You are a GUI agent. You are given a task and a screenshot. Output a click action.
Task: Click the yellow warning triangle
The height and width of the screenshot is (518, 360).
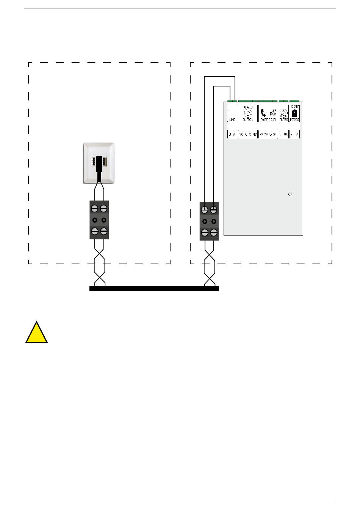click(36, 333)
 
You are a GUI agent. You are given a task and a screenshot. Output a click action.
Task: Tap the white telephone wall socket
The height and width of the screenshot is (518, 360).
click(99, 163)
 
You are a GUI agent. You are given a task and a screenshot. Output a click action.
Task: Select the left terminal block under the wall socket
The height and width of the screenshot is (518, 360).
click(99, 220)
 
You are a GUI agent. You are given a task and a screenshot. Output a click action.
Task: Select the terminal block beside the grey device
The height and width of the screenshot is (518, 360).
click(209, 221)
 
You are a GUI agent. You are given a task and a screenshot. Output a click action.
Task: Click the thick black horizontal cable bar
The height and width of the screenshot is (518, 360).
click(154, 289)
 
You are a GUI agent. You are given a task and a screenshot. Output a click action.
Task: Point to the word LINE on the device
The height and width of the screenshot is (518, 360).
click(232, 120)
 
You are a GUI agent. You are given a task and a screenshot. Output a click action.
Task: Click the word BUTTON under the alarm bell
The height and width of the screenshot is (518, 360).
click(248, 120)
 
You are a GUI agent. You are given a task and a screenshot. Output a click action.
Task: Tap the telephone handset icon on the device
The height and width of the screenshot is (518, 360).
click(263, 113)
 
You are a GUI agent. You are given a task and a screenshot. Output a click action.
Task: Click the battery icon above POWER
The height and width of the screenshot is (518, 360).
click(294, 113)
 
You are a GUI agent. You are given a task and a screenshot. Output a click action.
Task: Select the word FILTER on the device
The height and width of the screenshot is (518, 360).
click(283, 120)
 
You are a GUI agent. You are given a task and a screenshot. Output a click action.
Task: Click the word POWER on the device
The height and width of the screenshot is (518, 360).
click(294, 120)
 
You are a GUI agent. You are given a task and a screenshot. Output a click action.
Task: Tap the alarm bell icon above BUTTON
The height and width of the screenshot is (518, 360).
click(248, 113)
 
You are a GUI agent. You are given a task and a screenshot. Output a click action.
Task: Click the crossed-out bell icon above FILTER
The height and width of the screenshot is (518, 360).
click(283, 113)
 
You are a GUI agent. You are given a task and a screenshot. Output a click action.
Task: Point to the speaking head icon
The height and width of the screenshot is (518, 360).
click(273, 113)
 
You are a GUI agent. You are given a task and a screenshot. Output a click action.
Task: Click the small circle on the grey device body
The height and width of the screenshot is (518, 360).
click(290, 194)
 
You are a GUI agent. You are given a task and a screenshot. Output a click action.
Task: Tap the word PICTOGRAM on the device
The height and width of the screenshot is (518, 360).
click(268, 120)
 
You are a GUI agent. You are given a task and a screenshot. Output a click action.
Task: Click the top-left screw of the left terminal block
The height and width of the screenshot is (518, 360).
click(95, 209)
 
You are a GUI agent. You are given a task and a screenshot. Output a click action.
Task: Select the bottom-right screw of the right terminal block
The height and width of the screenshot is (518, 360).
click(214, 232)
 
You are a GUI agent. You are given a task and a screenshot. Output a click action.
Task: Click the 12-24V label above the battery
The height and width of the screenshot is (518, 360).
click(294, 107)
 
